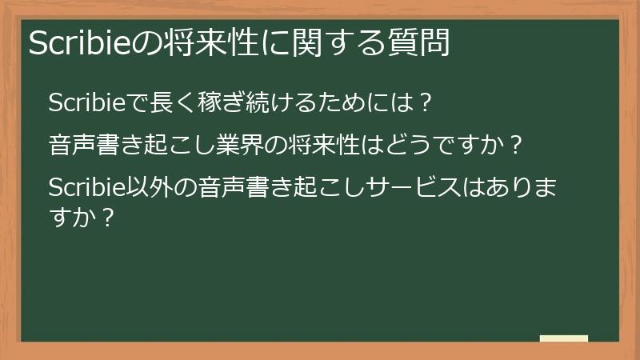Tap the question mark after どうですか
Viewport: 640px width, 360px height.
pyautogui.click(x=516, y=146)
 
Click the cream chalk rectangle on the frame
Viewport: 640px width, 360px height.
pyautogui.click(x=563, y=338)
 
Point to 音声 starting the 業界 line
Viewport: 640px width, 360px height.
pyautogui.click(x=70, y=146)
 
